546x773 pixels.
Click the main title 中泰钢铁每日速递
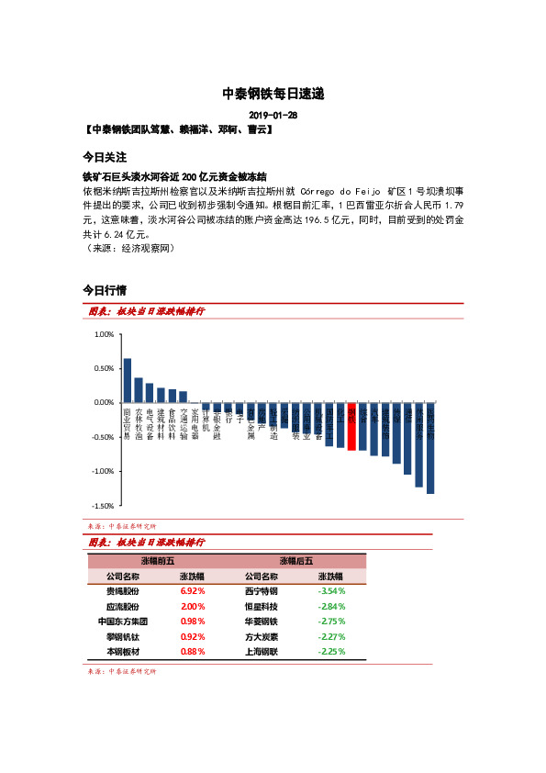(273, 94)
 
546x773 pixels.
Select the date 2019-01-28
(273, 115)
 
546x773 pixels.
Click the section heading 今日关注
(104, 157)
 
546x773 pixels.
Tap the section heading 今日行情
(104, 290)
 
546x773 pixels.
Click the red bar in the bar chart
(351, 426)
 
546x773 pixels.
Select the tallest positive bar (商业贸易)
(128, 380)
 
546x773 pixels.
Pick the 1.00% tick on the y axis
(103, 335)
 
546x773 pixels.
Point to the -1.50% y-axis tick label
(102, 506)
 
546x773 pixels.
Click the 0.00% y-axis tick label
(103, 403)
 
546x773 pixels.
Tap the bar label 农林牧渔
(139, 424)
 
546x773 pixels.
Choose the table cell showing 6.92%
(193, 591)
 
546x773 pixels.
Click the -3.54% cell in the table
(330, 591)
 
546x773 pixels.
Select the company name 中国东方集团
(123, 622)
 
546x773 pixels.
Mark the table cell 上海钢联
(261, 651)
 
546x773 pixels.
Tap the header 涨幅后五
(295, 560)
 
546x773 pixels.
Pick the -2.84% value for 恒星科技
(330, 607)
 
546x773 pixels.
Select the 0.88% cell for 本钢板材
(193, 651)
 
